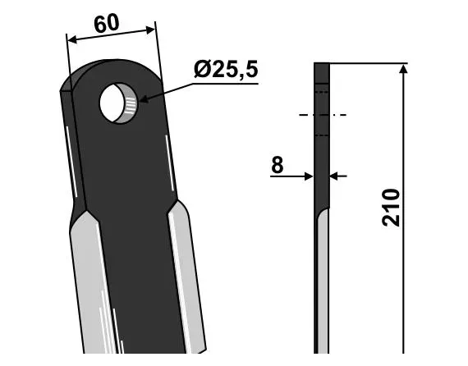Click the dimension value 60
coord(107,24)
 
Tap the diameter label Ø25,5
coord(226,71)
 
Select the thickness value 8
coord(277,164)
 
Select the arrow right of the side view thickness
coord(336,175)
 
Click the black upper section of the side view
coord(322,140)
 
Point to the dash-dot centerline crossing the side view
coord(322,115)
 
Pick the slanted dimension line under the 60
coord(111,35)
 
